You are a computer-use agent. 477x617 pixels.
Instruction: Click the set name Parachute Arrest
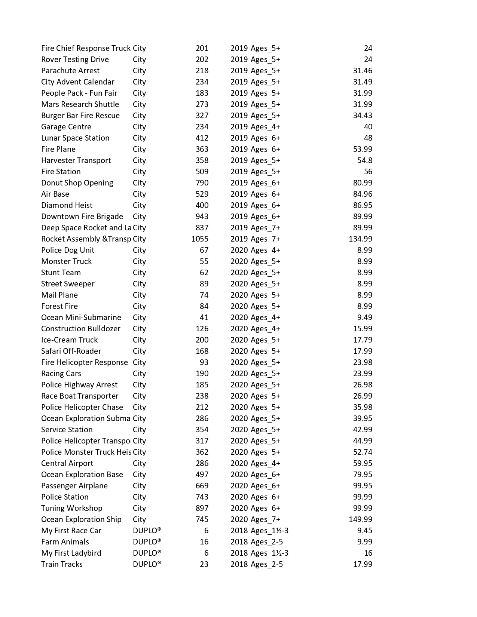coord(70,71)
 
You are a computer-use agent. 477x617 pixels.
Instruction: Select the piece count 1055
coord(200,239)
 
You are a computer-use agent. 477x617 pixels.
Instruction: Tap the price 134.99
coord(360,239)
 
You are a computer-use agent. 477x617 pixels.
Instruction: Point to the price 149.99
coord(360,519)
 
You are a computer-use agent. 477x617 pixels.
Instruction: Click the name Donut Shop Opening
coord(77,183)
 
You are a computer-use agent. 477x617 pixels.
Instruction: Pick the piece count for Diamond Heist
coord(202,205)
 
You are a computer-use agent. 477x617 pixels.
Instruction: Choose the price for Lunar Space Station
coord(368,138)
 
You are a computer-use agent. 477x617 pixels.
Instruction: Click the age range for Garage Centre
coord(265,127)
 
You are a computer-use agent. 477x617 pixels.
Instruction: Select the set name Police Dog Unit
coord(68,250)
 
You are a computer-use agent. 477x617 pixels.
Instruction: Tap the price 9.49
coord(364,317)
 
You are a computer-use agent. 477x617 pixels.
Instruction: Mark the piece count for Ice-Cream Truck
coord(202,340)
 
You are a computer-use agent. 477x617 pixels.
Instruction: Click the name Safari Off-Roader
coord(71,351)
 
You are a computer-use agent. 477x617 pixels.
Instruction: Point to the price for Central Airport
coord(363,463)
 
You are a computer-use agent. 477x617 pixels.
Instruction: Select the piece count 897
coord(202,508)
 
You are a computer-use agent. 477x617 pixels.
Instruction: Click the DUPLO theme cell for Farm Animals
coord(147,542)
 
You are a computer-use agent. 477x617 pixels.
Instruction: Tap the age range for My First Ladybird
coord(269,553)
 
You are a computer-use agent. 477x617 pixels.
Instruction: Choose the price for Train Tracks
coord(363,564)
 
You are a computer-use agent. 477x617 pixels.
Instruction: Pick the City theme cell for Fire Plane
coord(139,149)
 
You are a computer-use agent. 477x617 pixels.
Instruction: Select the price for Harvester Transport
coord(364,160)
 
